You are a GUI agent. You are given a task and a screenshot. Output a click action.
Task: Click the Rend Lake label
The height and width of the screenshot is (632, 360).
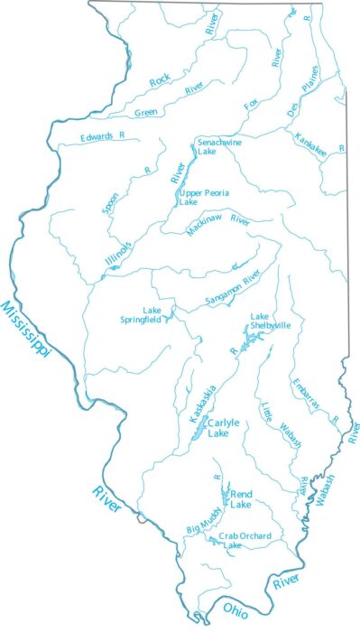point(241,498)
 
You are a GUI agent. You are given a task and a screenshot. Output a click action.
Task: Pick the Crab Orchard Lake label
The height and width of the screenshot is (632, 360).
point(234,541)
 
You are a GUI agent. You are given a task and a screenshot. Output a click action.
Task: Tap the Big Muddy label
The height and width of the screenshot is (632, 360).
point(203,525)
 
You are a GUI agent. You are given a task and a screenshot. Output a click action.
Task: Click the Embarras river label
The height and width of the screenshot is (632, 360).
point(306,395)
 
